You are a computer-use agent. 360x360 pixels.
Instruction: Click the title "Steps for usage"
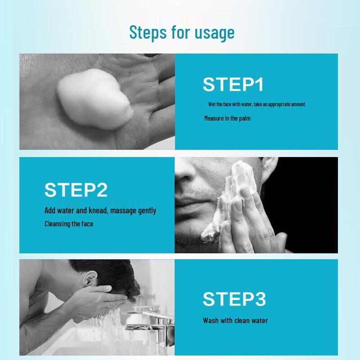(182, 33)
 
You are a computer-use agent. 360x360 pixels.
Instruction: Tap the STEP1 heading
(233, 85)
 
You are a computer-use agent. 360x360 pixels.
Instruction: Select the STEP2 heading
(76, 190)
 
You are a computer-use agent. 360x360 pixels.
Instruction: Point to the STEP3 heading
(234, 299)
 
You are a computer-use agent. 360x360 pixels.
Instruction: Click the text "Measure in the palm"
(227, 118)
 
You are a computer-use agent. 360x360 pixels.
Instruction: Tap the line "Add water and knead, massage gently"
(100, 211)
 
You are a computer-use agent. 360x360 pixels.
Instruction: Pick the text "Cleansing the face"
(69, 224)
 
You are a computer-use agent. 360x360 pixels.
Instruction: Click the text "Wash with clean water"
(235, 321)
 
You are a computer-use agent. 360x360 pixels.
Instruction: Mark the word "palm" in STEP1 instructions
(244, 118)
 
